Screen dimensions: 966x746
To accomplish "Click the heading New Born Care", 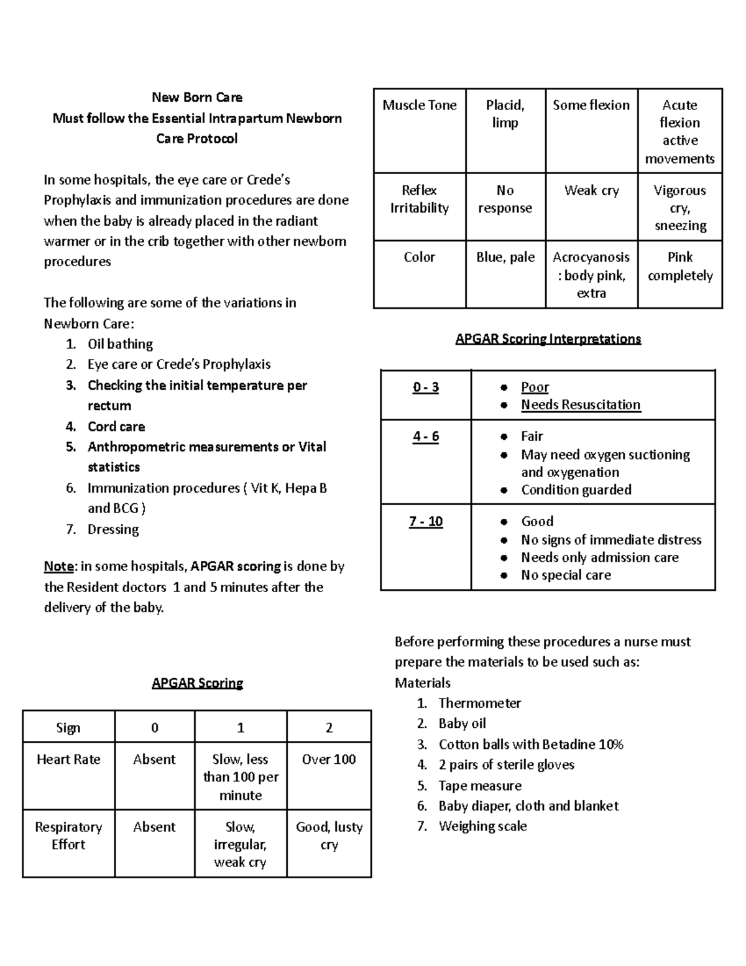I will pyautogui.click(x=197, y=97).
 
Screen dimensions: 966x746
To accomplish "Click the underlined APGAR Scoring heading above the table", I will pyautogui.click(x=197, y=683).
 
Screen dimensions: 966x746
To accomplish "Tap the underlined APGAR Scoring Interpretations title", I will pyautogui.click(x=548, y=339).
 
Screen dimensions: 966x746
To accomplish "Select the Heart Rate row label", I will pyautogui.click(x=68, y=759).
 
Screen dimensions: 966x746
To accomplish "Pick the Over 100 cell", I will pyautogui.click(x=329, y=759).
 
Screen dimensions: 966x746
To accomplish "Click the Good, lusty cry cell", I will pyautogui.click(x=329, y=835).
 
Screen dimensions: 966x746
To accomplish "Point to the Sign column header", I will pyautogui.click(x=68, y=728).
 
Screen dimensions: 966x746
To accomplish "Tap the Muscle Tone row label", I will pyautogui.click(x=420, y=105).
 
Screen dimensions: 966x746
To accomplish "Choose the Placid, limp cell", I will pyautogui.click(x=505, y=114).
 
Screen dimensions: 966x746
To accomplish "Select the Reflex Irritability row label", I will pyautogui.click(x=420, y=199).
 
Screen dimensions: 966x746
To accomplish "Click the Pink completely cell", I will pyautogui.click(x=680, y=266).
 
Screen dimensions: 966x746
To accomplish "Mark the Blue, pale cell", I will pyautogui.click(x=505, y=258).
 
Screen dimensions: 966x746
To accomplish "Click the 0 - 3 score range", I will pyautogui.click(x=426, y=388).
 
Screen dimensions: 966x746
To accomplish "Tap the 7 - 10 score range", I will pyautogui.click(x=426, y=522).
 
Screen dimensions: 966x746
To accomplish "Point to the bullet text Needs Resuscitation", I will pyautogui.click(x=580, y=405).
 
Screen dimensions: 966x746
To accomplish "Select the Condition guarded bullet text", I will pyautogui.click(x=576, y=490).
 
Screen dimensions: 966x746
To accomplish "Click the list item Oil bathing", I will pyautogui.click(x=120, y=344).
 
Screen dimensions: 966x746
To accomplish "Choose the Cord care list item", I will pyautogui.click(x=116, y=427).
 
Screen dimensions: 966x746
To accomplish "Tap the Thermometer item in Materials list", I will pyautogui.click(x=479, y=704).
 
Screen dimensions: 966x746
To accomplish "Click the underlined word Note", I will pyautogui.click(x=59, y=567).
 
